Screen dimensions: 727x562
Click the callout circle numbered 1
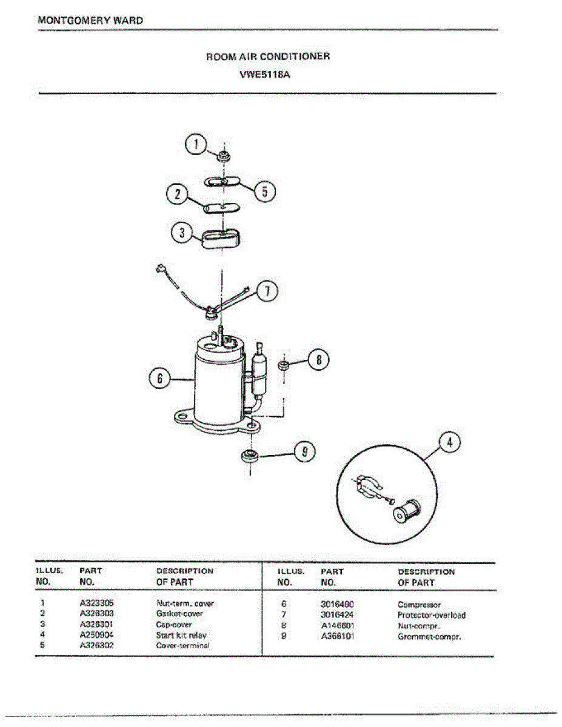click(x=195, y=144)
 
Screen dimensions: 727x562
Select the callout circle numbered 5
click(x=264, y=191)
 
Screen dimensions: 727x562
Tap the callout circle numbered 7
click(x=267, y=291)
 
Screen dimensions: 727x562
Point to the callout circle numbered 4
click(x=449, y=443)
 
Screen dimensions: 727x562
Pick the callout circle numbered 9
click(x=305, y=451)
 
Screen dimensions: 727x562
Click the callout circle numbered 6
click(x=160, y=379)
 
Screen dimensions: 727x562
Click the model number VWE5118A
click(x=268, y=76)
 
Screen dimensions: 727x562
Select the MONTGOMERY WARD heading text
click(x=90, y=20)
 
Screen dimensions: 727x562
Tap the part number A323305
click(x=96, y=603)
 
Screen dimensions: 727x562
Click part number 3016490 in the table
click(x=337, y=605)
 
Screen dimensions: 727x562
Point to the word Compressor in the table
click(x=419, y=605)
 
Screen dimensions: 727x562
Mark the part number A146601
click(x=337, y=626)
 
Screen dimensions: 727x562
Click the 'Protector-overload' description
click(x=432, y=616)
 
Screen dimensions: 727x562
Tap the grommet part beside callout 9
click(x=249, y=456)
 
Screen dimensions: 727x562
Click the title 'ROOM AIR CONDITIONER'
click(x=268, y=56)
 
